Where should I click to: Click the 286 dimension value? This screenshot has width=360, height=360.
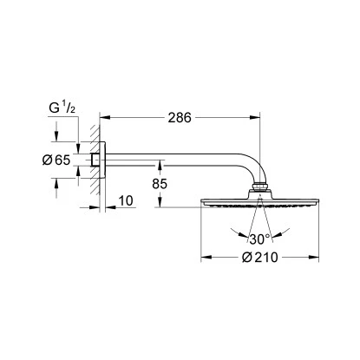(x=180, y=117)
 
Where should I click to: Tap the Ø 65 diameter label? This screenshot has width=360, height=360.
(x=56, y=160)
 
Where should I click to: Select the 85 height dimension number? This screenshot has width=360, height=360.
(x=160, y=184)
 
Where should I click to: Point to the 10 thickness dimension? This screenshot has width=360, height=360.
(x=126, y=200)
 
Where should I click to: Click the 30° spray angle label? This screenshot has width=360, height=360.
(x=259, y=239)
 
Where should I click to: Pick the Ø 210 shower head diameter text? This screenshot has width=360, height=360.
(x=259, y=257)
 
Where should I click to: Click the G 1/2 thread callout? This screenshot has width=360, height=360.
(x=62, y=108)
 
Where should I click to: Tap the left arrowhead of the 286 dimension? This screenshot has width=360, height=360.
(x=105, y=117)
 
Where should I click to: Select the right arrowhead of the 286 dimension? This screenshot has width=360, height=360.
(x=255, y=117)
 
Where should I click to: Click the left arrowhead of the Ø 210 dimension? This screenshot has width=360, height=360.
(x=206, y=257)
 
